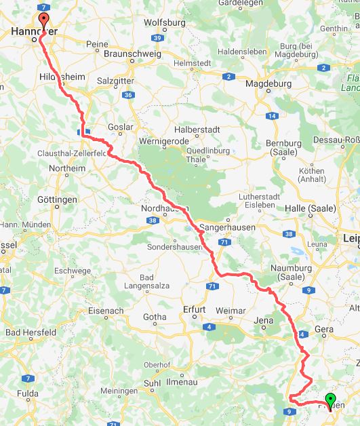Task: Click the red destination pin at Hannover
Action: [x=44, y=20]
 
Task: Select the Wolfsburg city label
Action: [x=165, y=22]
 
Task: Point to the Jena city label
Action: [x=262, y=317]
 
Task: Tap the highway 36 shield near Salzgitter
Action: [x=129, y=95]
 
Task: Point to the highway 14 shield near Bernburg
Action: [x=273, y=116]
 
